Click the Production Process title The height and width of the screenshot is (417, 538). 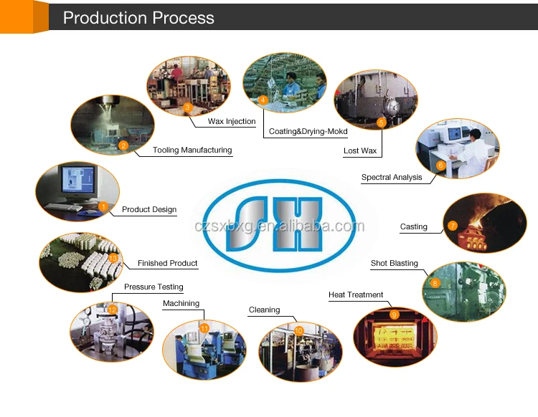click(138, 18)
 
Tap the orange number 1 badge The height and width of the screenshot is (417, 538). click(103, 206)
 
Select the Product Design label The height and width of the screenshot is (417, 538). click(149, 210)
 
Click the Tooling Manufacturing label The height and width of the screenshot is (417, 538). click(192, 150)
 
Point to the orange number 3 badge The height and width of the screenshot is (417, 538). click(187, 107)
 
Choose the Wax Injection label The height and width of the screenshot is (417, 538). click(232, 122)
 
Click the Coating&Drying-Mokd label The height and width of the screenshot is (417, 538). click(308, 132)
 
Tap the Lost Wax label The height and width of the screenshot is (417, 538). click(360, 151)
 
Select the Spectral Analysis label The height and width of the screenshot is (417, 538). click(392, 178)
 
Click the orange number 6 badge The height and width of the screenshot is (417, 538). click(440, 166)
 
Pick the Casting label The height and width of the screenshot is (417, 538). click(414, 227)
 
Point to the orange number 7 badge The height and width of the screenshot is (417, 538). click(453, 225)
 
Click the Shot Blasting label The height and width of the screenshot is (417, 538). click(395, 264)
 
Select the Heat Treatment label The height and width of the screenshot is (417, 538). click(356, 295)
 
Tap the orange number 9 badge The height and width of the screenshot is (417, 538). click(394, 315)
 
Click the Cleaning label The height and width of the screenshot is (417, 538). click(264, 310)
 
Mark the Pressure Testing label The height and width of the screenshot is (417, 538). click(154, 287)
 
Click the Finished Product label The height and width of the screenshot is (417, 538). click(168, 264)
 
